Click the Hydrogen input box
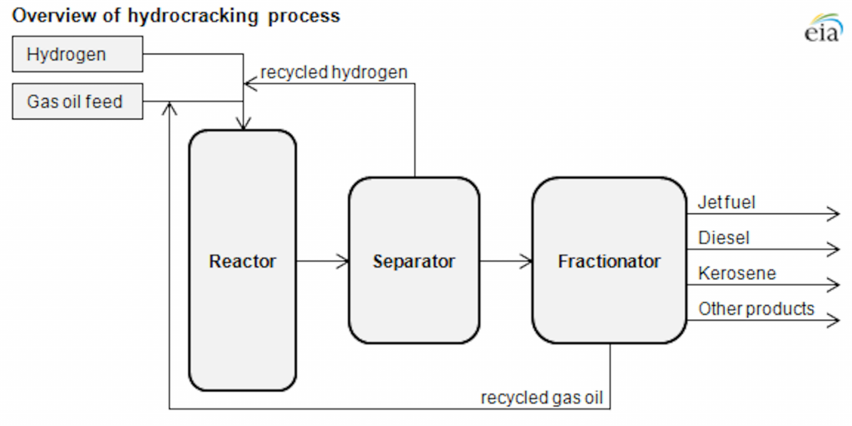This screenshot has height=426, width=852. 77,55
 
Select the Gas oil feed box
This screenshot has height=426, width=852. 77,102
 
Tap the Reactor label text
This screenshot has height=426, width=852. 242,261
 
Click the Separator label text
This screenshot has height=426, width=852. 414,261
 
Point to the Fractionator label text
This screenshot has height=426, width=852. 609,261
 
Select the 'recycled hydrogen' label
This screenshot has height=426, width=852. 334,72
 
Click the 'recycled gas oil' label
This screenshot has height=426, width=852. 541,398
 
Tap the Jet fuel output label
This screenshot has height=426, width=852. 726,201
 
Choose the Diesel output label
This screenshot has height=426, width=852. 723,238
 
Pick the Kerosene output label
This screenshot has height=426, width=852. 736,273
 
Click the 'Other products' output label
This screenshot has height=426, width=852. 755,309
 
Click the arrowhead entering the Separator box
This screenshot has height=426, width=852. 342,261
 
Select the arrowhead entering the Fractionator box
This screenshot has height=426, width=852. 526,261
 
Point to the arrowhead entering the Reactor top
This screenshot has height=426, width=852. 242,125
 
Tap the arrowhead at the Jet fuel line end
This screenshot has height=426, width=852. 834,214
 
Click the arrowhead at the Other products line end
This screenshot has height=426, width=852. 834,320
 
